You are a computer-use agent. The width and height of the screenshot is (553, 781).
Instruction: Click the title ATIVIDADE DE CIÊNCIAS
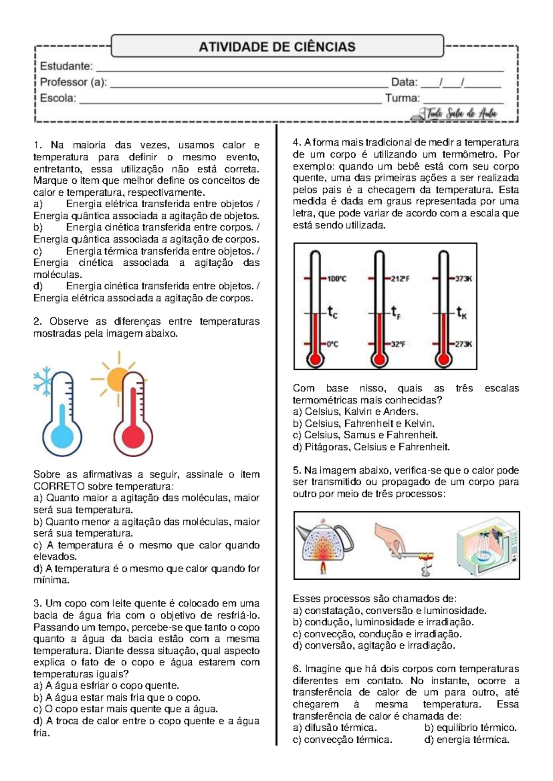click(277, 47)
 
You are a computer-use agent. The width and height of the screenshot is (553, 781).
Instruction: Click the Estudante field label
click(66, 66)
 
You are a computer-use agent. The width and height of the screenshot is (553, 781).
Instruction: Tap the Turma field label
click(403, 98)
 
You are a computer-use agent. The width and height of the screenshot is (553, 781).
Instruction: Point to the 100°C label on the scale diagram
click(337, 279)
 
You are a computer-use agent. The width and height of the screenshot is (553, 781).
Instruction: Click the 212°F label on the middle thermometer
click(401, 279)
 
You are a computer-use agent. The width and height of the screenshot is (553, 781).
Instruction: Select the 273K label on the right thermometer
click(463, 344)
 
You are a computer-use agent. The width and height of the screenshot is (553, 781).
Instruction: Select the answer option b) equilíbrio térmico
click(470, 728)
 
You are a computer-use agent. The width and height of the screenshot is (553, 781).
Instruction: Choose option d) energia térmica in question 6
click(466, 740)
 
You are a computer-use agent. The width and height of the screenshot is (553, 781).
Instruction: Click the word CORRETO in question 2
click(59, 486)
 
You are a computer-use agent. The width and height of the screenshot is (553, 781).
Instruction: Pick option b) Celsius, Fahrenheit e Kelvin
click(364, 423)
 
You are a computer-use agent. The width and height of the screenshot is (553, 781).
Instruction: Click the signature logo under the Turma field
click(454, 113)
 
